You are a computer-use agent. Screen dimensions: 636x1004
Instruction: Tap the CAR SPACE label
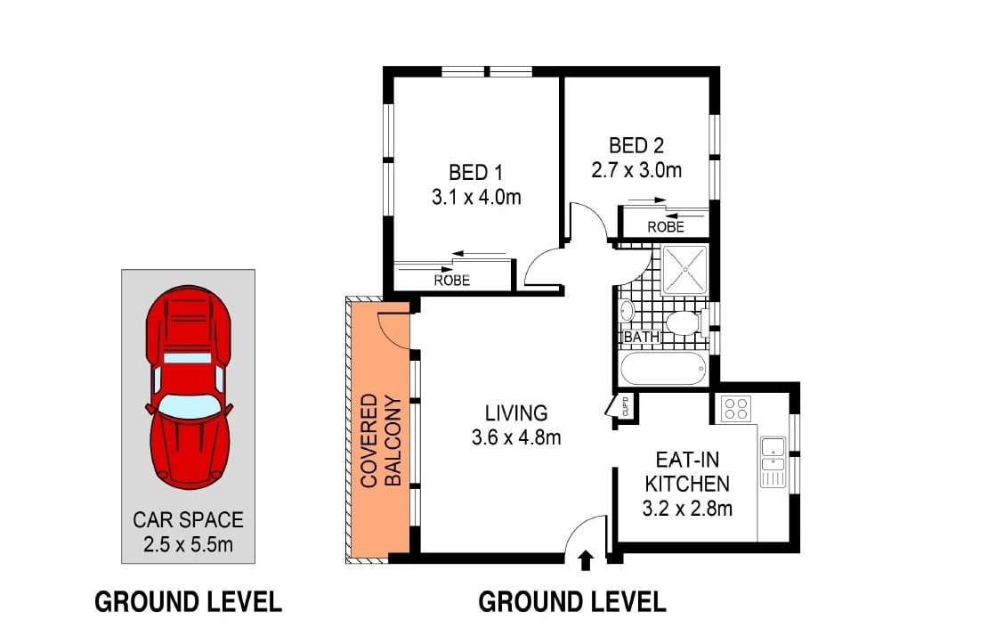[188, 519]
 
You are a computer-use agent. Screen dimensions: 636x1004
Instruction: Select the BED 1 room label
[476, 172]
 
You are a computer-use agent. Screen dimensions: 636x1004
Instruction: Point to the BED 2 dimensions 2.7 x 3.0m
[636, 169]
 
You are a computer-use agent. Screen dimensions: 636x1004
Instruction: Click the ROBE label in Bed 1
[451, 280]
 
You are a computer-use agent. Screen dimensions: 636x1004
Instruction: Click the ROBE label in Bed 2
[665, 227]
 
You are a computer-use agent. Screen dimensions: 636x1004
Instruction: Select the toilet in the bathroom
[684, 322]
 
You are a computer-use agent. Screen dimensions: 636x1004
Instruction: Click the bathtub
[663, 368]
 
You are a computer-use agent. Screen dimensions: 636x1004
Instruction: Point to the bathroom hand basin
[627, 311]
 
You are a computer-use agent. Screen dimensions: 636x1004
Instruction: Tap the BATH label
[641, 338]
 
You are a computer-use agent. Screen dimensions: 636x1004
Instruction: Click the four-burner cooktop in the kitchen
[735, 409]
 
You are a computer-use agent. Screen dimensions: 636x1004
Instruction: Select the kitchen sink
[773, 453]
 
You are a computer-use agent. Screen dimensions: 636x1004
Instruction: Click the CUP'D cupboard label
[626, 406]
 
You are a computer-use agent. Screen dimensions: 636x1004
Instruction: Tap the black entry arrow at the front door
[586, 559]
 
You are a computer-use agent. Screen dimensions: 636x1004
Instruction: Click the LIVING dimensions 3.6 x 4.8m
[516, 437]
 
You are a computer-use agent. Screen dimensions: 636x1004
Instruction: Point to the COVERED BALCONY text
[381, 440]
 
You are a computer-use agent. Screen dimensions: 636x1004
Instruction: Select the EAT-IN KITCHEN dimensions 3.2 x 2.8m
[687, 509]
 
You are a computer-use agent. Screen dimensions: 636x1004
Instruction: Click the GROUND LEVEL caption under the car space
[188, 602]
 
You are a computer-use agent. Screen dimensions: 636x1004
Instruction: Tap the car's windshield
[188, 405]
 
